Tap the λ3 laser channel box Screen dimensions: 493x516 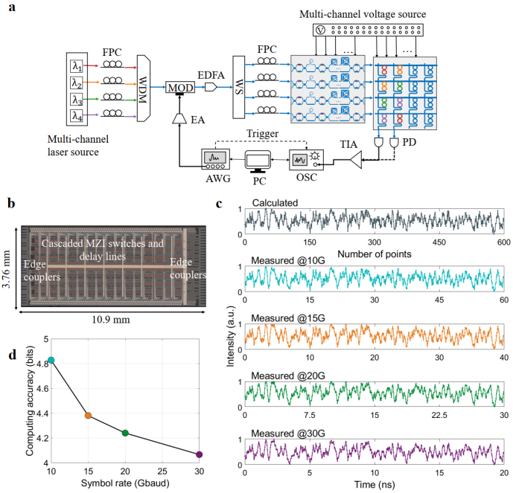coord(76,100)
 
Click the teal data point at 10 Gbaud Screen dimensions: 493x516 coord(51,360)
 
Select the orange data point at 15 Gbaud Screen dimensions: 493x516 coord(88,416)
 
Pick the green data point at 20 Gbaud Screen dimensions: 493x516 coord(125,433)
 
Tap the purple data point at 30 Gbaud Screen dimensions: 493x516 coord(199,454)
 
